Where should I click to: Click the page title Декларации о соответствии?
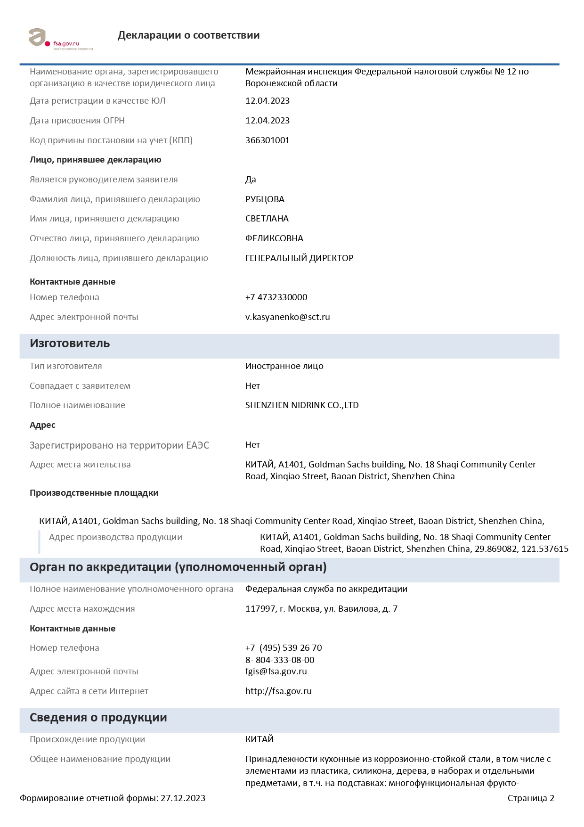188,35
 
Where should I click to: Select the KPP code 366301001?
268,140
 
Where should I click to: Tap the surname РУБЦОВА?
265,199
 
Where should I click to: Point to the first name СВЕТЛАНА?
267,219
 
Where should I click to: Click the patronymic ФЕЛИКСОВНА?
274,238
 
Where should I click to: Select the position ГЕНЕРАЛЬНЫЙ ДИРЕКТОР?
299,258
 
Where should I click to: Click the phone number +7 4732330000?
276,297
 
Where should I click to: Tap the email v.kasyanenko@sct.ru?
287,317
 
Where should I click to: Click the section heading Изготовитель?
70,344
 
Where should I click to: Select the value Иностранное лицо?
284,366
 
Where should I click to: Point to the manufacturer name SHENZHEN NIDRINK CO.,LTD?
302,405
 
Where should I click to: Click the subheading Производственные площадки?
94,493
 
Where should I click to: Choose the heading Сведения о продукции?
98,718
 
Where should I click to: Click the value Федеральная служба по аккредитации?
326,589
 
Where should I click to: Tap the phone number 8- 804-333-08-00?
280,660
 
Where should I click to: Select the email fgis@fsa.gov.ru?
276,671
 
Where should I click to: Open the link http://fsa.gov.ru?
278,691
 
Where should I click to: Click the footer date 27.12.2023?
183,798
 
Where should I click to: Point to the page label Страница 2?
531,798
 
